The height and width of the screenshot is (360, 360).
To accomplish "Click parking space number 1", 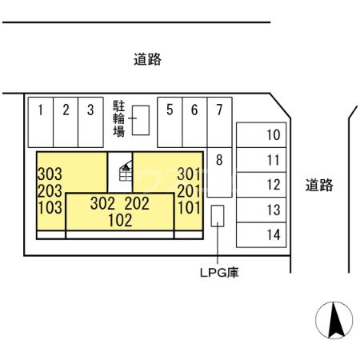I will point(40,111).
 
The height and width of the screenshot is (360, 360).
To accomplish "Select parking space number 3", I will point(90,111).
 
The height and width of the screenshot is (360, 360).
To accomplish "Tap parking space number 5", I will point(170,111).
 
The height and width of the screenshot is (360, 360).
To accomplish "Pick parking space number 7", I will point(219,111).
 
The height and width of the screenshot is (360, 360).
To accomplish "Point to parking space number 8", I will point(218,159).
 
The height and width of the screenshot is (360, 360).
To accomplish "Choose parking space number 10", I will point(273,134).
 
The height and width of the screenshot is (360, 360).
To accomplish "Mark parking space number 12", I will point(273,185).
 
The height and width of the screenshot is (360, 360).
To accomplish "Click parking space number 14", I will point(273,234).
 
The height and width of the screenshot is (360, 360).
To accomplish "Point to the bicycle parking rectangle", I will point(141,120).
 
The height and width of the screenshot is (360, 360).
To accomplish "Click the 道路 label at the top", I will point(147,59).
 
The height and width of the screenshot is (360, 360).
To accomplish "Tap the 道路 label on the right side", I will point(319,186).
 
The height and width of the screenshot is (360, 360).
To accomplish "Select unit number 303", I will point(50,173).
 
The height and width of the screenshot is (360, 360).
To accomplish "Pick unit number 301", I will point(188,173).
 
